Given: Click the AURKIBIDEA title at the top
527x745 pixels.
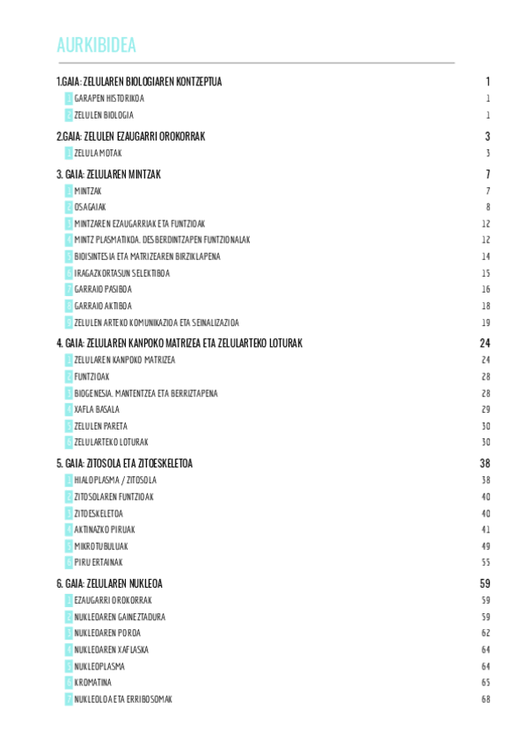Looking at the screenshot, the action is pos(96,46).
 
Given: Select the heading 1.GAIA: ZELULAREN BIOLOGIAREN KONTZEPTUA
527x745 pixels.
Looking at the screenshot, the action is pos(139,82).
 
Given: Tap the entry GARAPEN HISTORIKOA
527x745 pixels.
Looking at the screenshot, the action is pos(109,98).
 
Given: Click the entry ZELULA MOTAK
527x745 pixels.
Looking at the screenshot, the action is pos(98,153).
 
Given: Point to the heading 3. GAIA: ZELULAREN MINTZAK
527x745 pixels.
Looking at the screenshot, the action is pos(108,174).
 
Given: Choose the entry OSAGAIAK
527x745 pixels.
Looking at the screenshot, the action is pos(90,207).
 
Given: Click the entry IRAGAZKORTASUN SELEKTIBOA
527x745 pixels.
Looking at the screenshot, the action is pos(121,273).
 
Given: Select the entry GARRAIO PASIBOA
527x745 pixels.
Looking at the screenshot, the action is pos(103,289).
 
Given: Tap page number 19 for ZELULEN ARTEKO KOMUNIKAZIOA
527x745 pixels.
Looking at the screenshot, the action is pos(485,322).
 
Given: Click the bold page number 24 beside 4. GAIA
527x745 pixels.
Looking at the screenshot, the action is pos(484,344).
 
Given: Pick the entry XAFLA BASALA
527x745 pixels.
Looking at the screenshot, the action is pos(98,409).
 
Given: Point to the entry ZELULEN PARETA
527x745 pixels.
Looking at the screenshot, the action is pos(100,426).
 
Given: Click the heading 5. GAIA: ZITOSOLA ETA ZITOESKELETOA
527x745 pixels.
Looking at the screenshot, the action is pos(124,463).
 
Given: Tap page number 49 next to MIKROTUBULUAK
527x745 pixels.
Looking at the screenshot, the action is pos(485,546).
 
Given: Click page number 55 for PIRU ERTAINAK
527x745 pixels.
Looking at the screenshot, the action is pos(485,562).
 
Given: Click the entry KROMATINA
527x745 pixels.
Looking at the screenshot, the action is pos(93,683).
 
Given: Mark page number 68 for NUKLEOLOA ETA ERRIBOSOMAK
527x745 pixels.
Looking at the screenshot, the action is pos(485,699).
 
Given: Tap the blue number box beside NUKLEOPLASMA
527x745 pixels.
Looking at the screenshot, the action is pos(69,666).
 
